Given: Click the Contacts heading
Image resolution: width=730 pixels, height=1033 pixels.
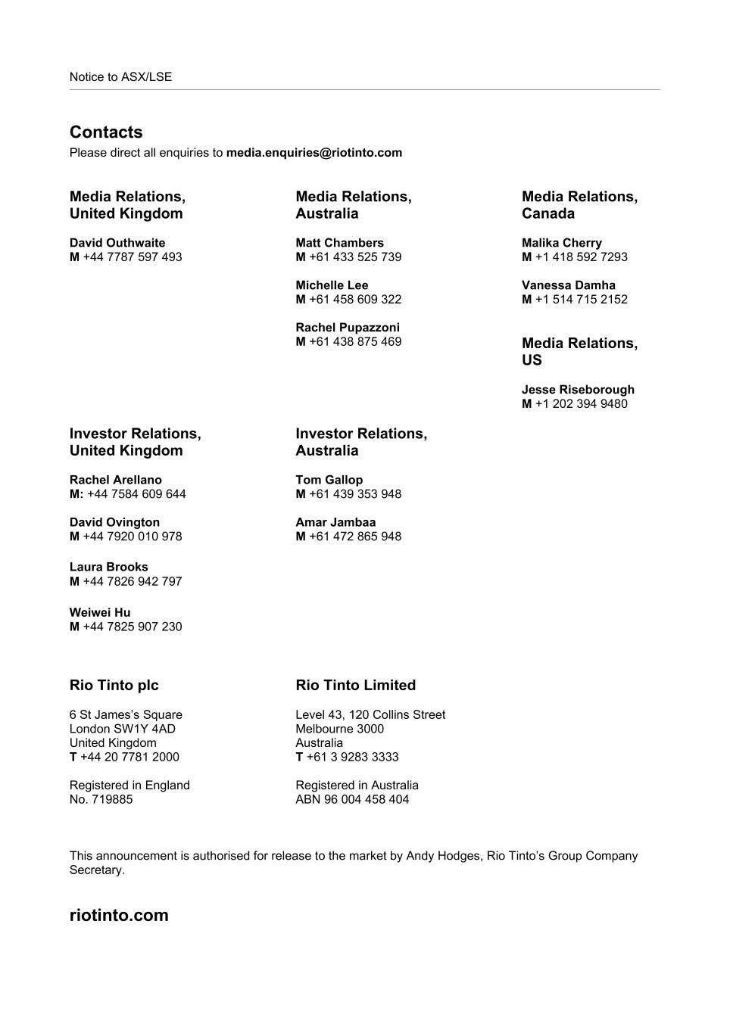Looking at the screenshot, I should coord(106,132).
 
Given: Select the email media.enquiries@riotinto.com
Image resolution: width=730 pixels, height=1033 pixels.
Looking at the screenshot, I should coord(314,153).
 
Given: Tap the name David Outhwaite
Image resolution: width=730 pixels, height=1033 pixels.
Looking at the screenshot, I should coord(117,243).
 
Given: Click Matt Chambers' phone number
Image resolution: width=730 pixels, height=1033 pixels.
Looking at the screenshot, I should coord(355,257).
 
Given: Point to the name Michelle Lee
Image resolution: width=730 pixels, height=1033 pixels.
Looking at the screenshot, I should coord(332,285).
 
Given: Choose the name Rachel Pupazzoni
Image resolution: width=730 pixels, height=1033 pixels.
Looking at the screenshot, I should coord(348,328).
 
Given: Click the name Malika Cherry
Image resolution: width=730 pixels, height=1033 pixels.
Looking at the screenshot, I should coord(562,243).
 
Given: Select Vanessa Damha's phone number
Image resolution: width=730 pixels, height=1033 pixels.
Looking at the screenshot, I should coord(581,300).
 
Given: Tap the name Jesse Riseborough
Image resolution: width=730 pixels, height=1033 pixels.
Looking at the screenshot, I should coord(578,390).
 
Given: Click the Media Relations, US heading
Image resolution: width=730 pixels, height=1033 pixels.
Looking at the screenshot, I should coord(579,352).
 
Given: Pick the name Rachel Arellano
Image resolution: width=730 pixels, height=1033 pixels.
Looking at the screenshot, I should coord(116,480).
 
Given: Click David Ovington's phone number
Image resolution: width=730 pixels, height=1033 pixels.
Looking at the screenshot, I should coord(133,537).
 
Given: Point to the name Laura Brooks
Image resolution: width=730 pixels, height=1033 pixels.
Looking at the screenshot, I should coord(109,567).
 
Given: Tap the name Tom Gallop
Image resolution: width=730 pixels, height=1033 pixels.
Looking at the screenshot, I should coord(329,480).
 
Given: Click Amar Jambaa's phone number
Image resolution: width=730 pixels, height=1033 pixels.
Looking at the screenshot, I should coord(355,537).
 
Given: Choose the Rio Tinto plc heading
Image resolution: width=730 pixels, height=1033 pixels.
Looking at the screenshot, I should coord(114,685).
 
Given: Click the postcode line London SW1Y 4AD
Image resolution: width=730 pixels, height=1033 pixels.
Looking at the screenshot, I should coord(123,729).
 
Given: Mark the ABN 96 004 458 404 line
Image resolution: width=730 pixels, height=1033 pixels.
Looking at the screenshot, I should coord(352,799).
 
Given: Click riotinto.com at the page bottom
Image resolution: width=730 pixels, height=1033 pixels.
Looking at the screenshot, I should coord(119,915).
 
